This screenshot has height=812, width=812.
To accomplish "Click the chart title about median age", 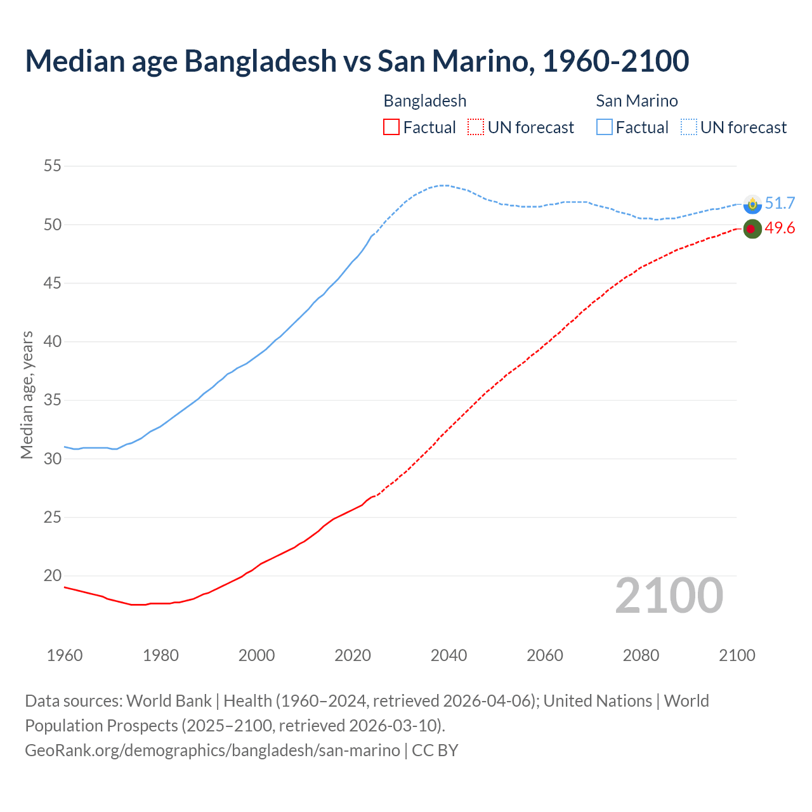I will coord(357,62).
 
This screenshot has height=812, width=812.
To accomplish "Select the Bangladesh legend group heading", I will coord(424,101).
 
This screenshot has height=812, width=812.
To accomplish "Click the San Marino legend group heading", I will coord(636,101).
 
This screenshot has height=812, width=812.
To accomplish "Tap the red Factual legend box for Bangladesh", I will coord(391,128).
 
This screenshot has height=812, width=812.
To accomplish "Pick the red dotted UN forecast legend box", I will coord(476,128).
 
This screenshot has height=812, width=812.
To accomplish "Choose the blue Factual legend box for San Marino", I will coord(605,128).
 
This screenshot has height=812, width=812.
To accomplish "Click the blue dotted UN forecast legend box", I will coord(688,128).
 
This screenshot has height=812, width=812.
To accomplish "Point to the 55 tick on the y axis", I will coord(52,166).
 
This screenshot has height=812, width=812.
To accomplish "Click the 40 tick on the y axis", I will coord(52,342).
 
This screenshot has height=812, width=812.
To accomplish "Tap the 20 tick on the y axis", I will coord(52,576).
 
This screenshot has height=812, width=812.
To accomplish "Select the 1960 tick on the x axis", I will coord(65,655).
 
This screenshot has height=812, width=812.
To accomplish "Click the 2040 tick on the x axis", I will coord(449,655).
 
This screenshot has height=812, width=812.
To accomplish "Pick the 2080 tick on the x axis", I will coord(641,655).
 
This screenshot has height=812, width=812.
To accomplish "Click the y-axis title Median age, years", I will coord(27,395).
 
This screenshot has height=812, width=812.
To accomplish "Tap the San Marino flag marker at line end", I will coord(752,204).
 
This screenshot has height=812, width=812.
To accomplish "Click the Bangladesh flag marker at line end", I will coord(752,229).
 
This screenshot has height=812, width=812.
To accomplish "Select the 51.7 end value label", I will coord(780,203).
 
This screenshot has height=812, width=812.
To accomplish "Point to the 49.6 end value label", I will coord(780,228).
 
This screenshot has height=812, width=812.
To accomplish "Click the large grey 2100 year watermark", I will coord(669,595).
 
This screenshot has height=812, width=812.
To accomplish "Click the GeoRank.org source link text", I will coord(213,750).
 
